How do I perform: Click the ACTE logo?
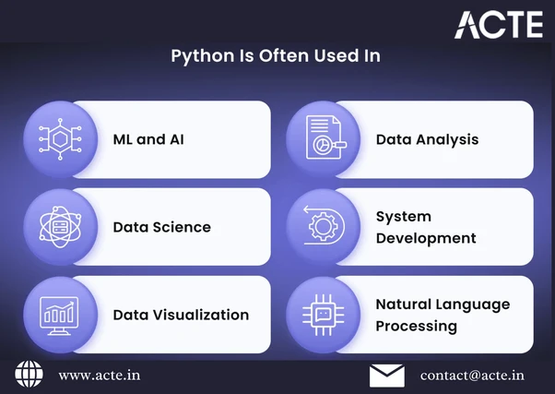point(499,24)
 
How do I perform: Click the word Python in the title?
point(203,56)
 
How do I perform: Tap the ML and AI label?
point(148,139)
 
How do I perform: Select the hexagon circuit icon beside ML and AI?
point(60,139)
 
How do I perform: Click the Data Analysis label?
point(427,139)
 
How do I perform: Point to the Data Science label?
point(161,227)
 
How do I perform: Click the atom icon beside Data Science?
point(60,227)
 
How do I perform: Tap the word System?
point(404,217)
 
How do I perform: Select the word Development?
point(426,238)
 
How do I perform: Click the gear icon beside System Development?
point(324,225)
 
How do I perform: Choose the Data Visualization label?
point(181,315)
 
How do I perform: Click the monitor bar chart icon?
point(59,316)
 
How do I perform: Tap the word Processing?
point(417,327)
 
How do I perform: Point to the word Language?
point(473,304)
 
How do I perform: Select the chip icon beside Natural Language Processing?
point(324,315)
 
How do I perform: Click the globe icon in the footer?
point(29,374)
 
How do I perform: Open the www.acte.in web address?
point(100,376)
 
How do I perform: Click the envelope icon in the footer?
point(387,376)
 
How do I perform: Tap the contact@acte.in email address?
point(472,376)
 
